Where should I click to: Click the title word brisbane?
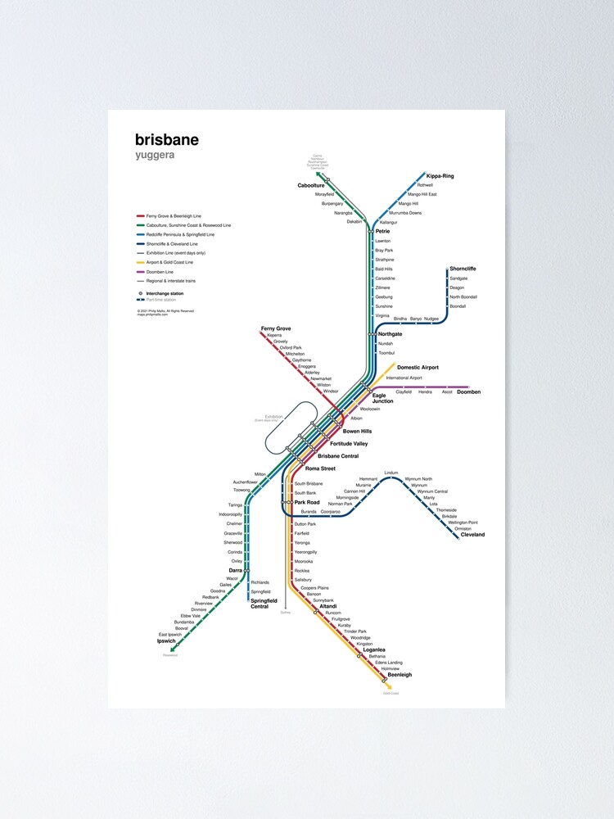167,140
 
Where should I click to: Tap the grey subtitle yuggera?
155,155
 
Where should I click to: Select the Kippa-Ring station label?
440,176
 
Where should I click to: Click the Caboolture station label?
311,186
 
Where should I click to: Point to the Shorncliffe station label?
463,269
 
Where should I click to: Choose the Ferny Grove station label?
276,328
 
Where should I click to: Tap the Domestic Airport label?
418,368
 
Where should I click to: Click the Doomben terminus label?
468,392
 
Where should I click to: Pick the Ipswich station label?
167,641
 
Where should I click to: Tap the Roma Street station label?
320,468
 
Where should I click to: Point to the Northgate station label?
390,334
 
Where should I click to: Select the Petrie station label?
382,232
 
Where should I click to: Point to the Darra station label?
236,570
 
